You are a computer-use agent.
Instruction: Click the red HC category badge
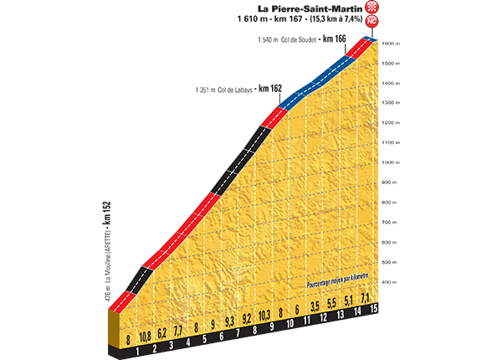coord(371,22)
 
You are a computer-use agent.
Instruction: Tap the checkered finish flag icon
coord(371,8)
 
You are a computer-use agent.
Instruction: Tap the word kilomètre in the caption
coord(357,274)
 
